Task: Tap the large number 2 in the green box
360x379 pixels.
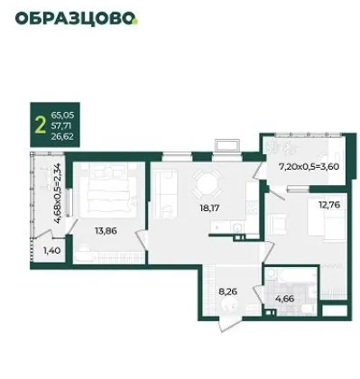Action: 41,125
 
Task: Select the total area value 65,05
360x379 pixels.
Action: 62,115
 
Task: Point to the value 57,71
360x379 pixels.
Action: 61,125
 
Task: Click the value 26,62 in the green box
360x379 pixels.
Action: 62,137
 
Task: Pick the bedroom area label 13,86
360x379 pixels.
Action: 106,231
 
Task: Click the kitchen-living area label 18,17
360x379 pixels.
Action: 209,208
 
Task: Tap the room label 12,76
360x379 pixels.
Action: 329,205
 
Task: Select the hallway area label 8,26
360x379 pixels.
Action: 228,291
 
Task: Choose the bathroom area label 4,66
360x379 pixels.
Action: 284,299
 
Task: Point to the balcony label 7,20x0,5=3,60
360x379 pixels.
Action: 309,166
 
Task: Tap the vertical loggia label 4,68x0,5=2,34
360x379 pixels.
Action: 58,193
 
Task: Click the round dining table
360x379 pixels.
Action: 207,184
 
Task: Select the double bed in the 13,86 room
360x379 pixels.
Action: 109,190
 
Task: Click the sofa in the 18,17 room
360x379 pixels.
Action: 165,193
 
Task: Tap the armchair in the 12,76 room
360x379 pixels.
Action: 279,225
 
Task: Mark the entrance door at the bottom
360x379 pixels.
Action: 230,324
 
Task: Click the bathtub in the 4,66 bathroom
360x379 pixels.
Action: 297,276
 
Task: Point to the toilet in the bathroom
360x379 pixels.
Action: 308,309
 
